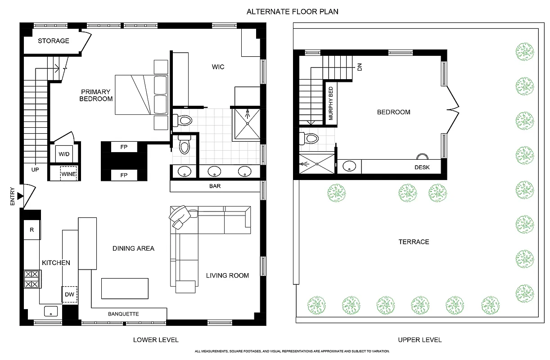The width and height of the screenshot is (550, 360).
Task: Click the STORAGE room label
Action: (53, 41)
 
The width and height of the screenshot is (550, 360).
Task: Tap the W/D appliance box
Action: (62, 154)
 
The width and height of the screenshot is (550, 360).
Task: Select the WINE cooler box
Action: (68, 174)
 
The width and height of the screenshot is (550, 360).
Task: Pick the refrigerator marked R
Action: (32, 230)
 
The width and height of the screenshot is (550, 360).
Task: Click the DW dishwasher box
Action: (69, 294)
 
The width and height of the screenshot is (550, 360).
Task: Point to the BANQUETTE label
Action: (123, 314)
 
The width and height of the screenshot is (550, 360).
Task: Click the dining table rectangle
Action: (125, 288)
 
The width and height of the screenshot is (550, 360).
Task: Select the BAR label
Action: (215, 185)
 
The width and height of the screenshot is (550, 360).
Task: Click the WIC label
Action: (218, 67)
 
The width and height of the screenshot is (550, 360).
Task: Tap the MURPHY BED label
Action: (331, 103)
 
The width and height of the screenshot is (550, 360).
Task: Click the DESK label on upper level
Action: (422, 168)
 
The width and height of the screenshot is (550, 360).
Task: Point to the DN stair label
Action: (359, 67)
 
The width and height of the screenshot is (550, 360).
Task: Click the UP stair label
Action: (35, 170)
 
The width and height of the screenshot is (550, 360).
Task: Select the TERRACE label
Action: (413, 242)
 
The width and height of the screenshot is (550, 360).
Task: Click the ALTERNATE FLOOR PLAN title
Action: (292, 12)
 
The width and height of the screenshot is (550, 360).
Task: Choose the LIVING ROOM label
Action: (227, 275)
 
